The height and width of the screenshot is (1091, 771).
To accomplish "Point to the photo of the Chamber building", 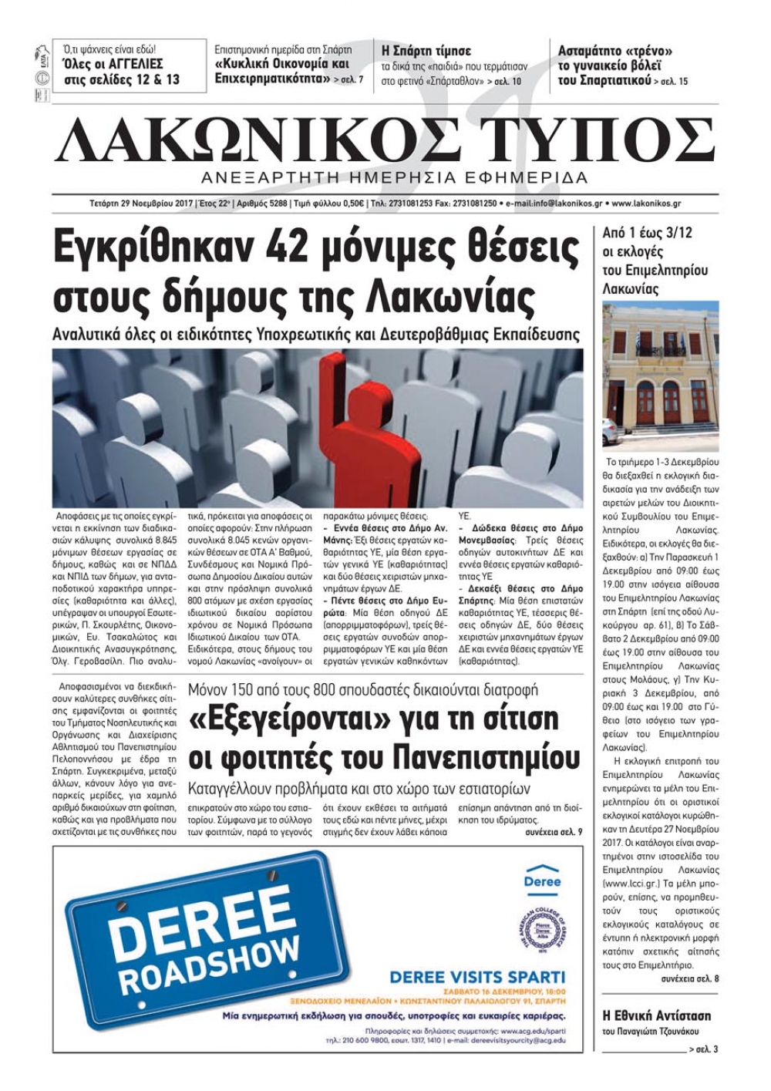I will [659, 376].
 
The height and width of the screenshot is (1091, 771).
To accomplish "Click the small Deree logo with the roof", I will [542, 877].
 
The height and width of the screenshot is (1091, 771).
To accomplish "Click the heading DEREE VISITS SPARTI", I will [477, 976].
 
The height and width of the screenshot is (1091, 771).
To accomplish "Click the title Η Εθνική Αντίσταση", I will [655, 1015].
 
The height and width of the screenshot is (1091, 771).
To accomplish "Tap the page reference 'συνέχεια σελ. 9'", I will [553, 833].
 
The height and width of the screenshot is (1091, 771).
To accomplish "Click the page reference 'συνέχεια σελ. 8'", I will [689, 978].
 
